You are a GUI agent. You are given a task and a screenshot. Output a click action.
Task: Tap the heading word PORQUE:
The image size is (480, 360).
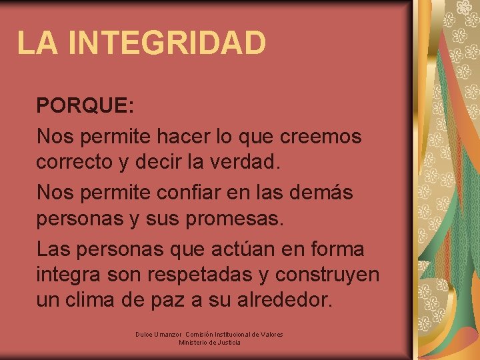click(85, 105)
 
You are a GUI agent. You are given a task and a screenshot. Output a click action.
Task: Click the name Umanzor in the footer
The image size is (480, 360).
click(169, 334)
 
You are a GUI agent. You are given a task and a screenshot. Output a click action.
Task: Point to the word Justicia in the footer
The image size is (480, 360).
click(228, 343)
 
